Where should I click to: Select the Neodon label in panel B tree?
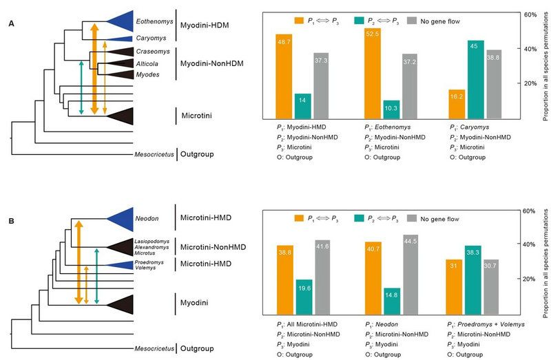tap(146, 219)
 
